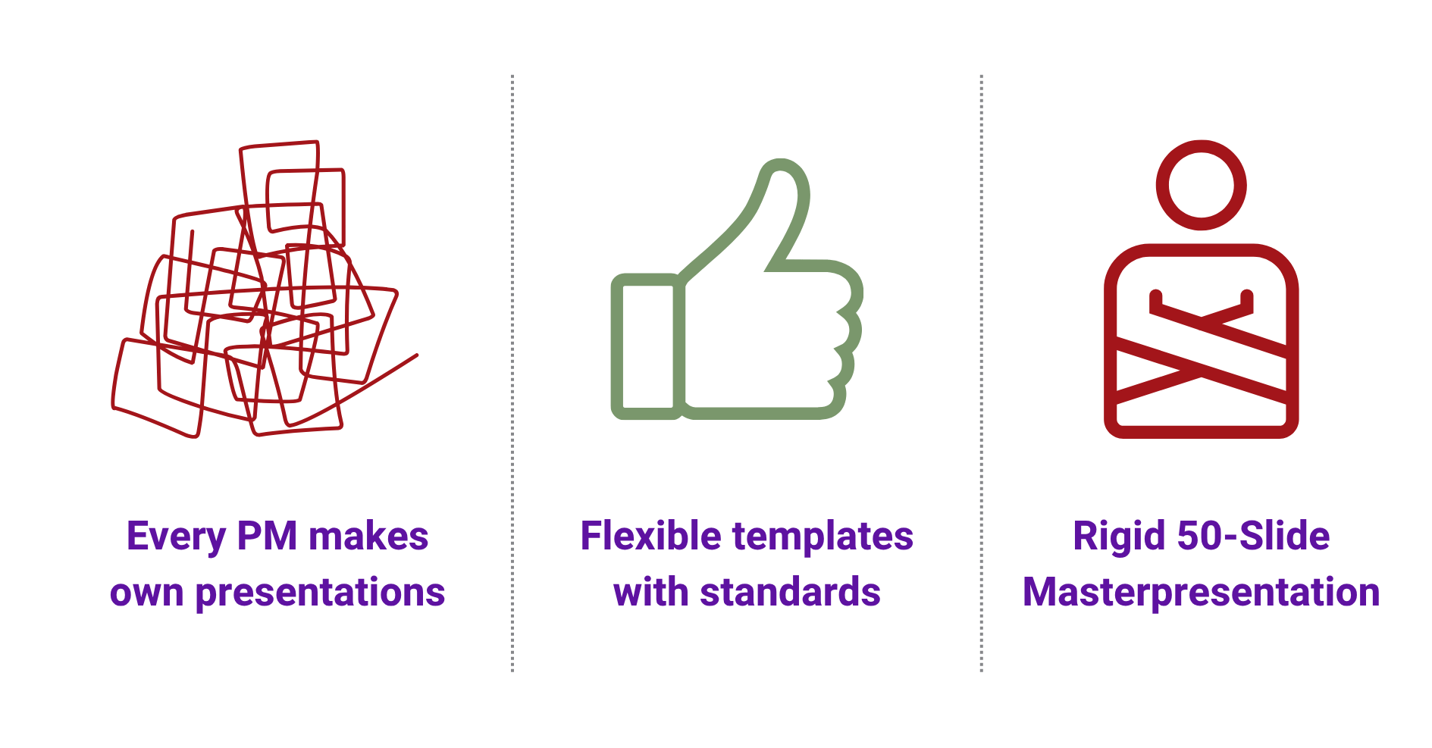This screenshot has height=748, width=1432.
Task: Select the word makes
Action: [368, 537]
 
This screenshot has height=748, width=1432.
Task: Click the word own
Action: [146, 593]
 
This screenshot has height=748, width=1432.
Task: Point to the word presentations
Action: [320, 593]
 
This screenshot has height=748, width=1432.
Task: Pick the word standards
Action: [790, 593]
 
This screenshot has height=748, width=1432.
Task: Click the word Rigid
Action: [1119, 537]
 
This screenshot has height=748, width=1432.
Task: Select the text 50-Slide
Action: [1253, 537]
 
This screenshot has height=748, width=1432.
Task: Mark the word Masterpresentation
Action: [1201, 593]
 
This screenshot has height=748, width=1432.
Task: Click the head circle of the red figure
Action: [1201, 185]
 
